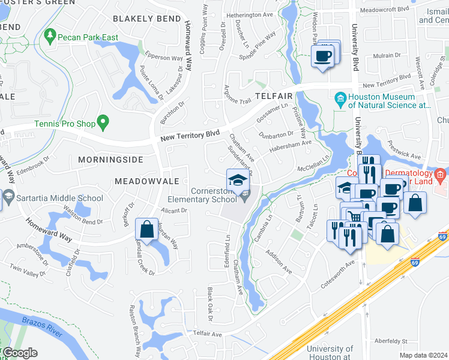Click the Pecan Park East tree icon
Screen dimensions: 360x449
49,38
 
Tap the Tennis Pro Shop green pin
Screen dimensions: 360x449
103,123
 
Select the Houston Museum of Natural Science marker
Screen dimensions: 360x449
340,98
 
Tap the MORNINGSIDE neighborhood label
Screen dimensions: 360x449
110,160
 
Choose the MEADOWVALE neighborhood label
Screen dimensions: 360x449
146,181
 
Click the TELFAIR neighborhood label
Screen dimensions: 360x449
273,96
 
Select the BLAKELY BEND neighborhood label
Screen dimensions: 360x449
146,19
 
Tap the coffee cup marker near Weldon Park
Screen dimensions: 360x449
322,58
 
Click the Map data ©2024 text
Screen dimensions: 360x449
423,355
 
